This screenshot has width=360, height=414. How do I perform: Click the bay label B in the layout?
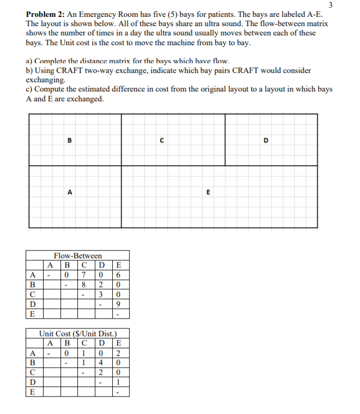pos(69,140)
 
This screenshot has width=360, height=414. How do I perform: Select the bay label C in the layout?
pos(162,140)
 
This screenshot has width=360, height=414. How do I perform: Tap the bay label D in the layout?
pos(266,140)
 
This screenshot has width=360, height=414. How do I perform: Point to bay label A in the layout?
pos(69,192)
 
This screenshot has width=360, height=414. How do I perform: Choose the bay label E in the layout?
pos(208,192)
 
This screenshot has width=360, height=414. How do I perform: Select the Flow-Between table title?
pos(78,255)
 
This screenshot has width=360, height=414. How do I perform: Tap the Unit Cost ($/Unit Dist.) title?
pos(78,334)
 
